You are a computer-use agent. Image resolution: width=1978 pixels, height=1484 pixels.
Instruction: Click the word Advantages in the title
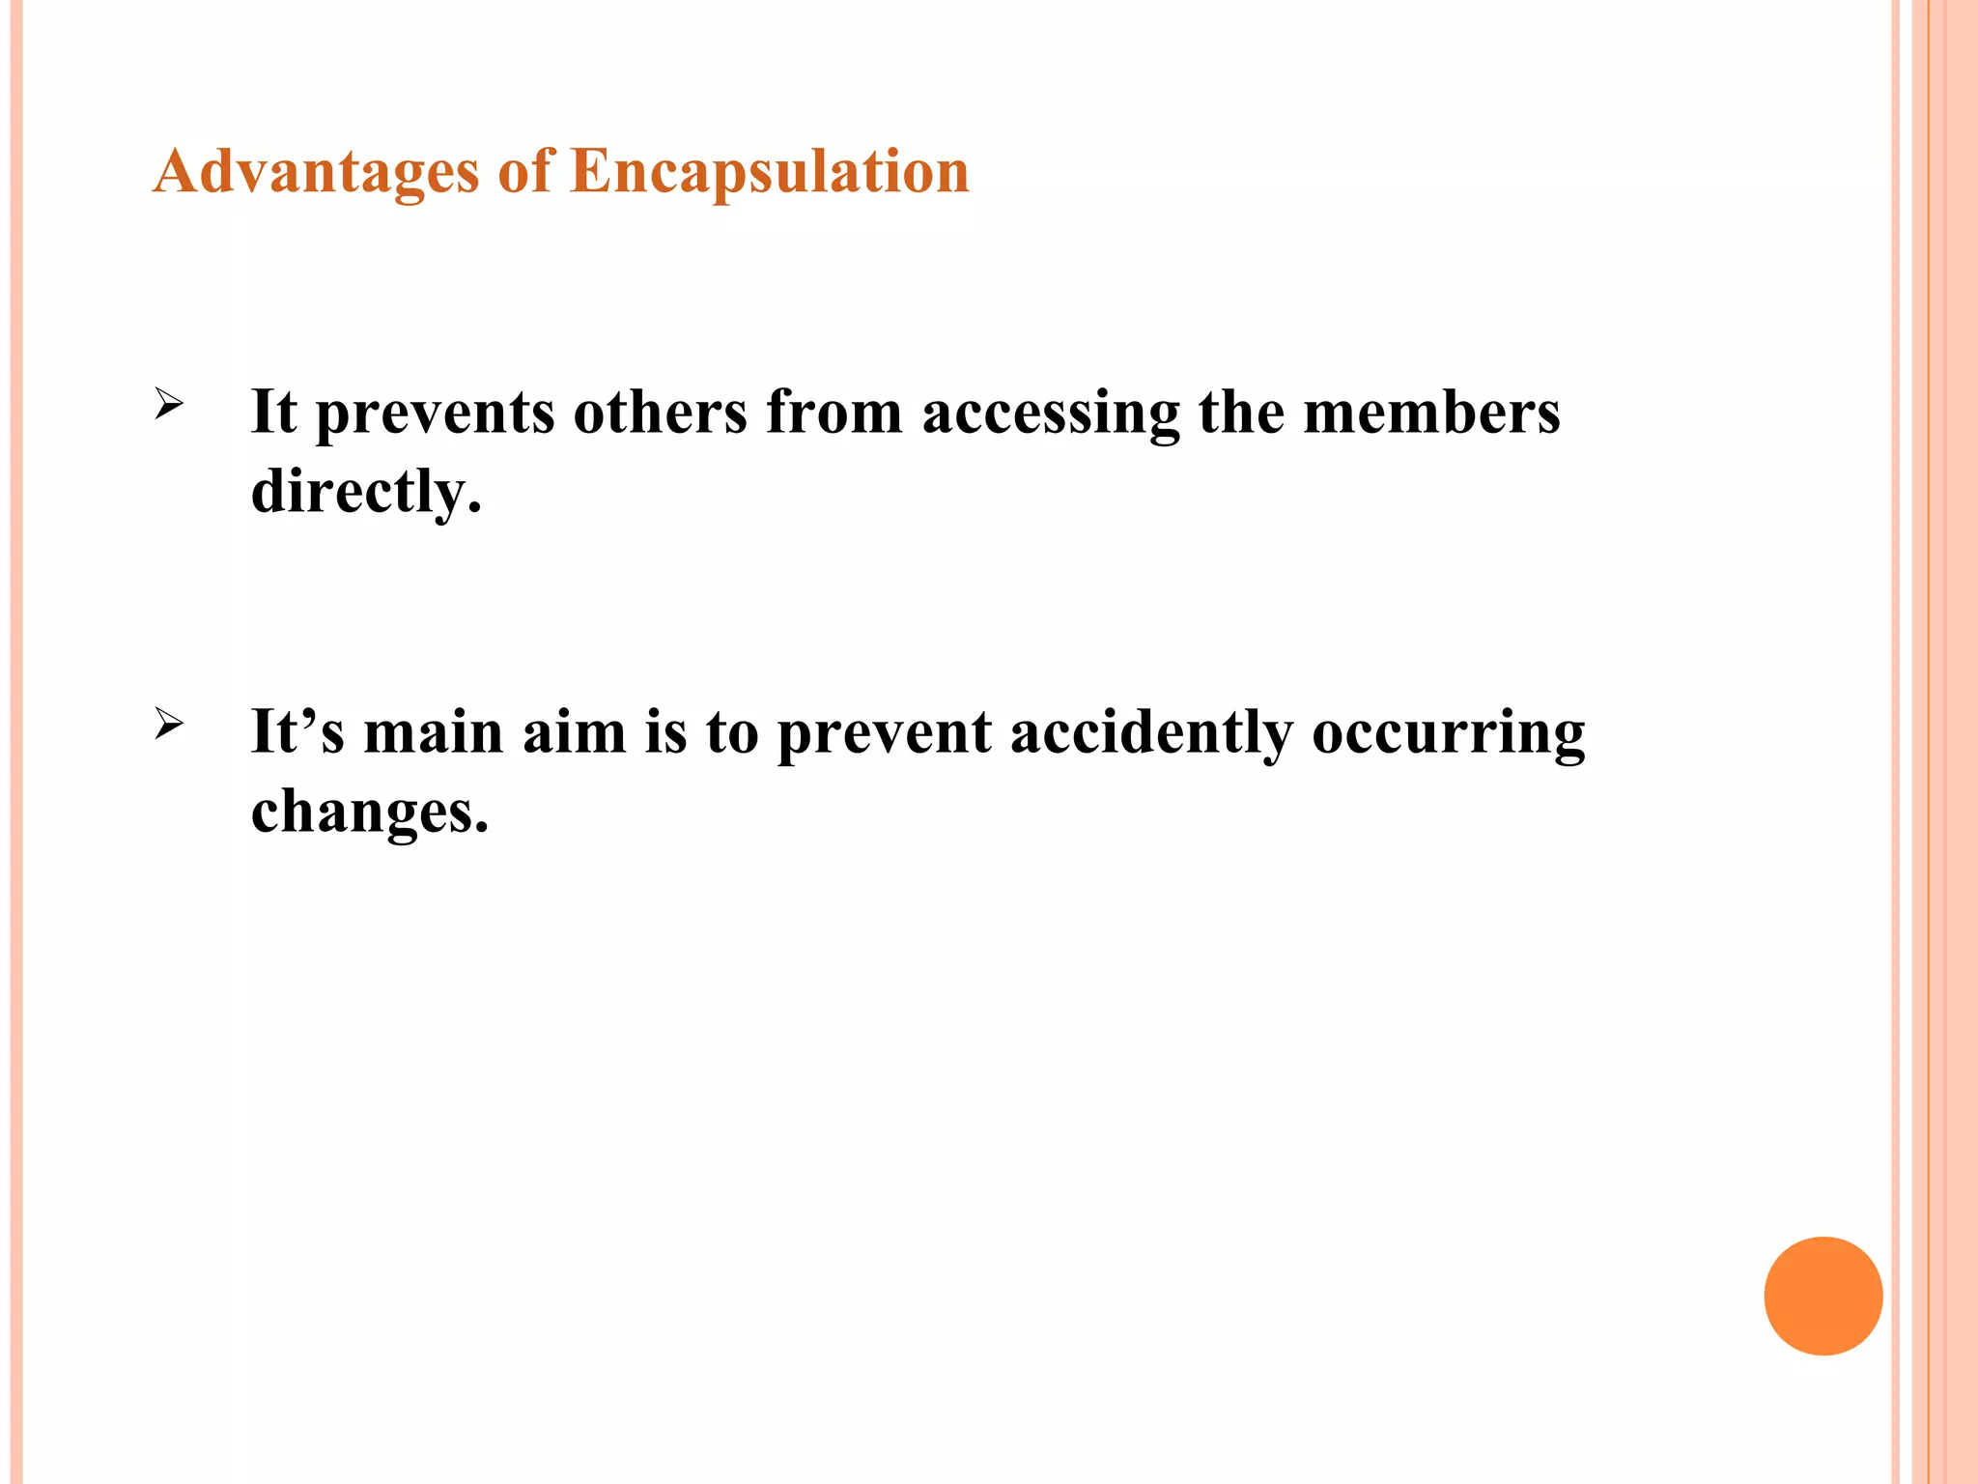[x=316, y=172]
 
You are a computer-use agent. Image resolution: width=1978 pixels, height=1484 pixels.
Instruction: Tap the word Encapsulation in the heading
[x=770, y=172]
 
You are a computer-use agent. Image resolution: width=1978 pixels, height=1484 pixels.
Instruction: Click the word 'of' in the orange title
[x=525, y=172]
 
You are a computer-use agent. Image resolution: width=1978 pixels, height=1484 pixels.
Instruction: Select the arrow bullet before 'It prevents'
[x=168, y=404]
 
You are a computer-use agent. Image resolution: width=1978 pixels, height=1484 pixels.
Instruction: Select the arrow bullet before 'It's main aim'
[x=168, y=724]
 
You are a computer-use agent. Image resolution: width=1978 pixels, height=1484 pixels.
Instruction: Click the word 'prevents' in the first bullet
[x=435, y=414]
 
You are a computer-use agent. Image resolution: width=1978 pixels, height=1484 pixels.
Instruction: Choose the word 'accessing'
[x=1051, y=414]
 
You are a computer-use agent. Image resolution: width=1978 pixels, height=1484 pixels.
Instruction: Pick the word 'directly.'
[x=365, y=492]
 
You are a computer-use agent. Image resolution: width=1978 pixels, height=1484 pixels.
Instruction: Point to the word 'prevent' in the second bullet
[x=884, y=733]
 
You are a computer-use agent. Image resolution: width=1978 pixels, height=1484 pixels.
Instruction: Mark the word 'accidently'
[x=1151, y=733]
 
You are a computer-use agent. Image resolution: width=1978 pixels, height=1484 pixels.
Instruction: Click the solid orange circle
[x=1823, y=1296]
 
